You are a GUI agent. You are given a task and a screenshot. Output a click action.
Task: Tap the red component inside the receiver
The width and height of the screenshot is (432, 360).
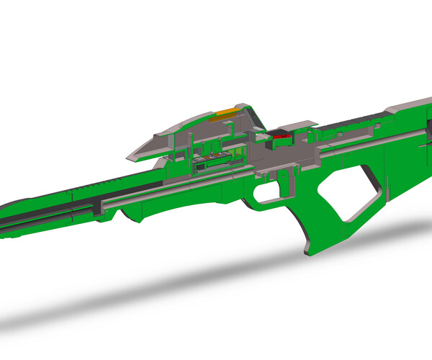(x=280, y=135)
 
